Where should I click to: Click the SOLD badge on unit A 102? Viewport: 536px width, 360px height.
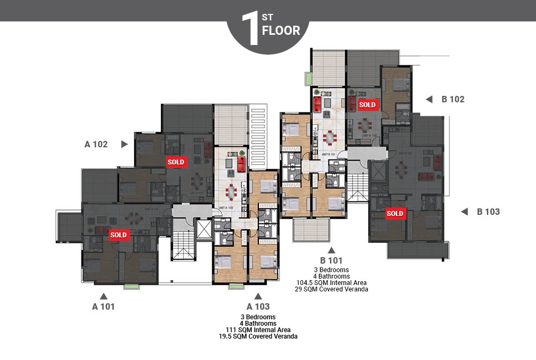click(176, 162)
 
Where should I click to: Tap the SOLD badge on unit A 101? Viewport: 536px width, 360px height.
click(118, 235)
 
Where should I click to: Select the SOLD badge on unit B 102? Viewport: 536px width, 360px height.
click(367, 104)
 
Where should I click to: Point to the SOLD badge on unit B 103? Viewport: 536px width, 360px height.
click(395, 213)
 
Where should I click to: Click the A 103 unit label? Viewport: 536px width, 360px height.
click(258, 306)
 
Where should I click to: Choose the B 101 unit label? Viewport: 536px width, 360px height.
click(331, 260)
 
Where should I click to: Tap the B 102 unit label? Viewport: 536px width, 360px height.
click(453, 99)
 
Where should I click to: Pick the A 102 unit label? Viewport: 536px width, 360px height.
click(96, 144)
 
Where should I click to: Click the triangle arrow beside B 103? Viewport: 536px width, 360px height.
click(464, 212)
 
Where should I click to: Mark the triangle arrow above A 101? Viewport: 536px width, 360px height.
click(104, 296)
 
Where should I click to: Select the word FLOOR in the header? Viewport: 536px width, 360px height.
click(281, 30)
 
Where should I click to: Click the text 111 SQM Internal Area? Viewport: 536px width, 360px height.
click(258, 330)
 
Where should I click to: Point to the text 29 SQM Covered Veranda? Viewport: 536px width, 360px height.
click(331, 289)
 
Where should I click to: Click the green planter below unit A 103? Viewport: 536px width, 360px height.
click(236, 287)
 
